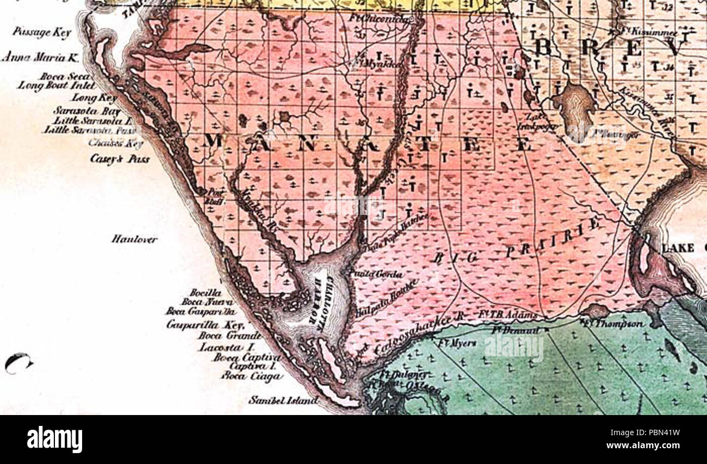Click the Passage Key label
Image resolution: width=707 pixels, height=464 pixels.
pos(41,32)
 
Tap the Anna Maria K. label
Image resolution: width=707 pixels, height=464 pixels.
pos(41,57)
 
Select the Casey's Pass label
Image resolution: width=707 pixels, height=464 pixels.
pos(120,159)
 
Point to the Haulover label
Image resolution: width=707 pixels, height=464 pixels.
pos(134,239)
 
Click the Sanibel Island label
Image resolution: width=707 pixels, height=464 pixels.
pos(283,400)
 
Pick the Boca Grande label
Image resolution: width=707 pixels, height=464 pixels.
pos(228,335)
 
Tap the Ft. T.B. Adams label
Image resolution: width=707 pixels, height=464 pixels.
pos(508,315)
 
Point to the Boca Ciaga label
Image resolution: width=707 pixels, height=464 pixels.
pos(252,376)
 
